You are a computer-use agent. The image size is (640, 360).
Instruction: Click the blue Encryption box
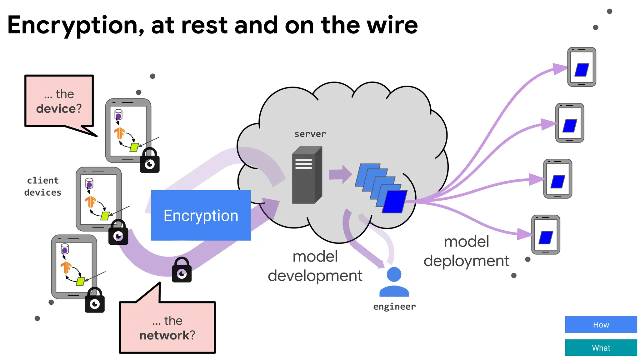point(201,215)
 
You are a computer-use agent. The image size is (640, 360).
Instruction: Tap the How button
point(601,325)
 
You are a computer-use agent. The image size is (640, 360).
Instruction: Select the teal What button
point(601,348)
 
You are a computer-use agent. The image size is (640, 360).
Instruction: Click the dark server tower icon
point(306,176)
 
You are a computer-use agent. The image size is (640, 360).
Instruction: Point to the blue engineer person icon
point(394,282)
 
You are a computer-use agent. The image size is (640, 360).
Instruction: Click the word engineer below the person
point(394,307)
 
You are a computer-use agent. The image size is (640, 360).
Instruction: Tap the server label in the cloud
point(310,134)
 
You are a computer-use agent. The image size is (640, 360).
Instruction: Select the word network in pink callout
point(164,336)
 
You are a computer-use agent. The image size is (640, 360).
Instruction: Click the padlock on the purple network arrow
point(182,270)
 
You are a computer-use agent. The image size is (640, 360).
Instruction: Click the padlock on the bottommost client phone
point(95,301)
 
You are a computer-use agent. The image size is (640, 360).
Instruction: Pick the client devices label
point(43,187)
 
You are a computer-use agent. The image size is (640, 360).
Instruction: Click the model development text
point(315,266)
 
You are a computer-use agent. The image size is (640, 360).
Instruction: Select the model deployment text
point(466,251)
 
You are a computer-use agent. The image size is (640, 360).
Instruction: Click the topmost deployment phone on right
point(582,67)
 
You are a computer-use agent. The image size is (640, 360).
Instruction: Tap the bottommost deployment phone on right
point(546,235)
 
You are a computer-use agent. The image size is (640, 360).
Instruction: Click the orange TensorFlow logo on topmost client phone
point(120,133)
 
